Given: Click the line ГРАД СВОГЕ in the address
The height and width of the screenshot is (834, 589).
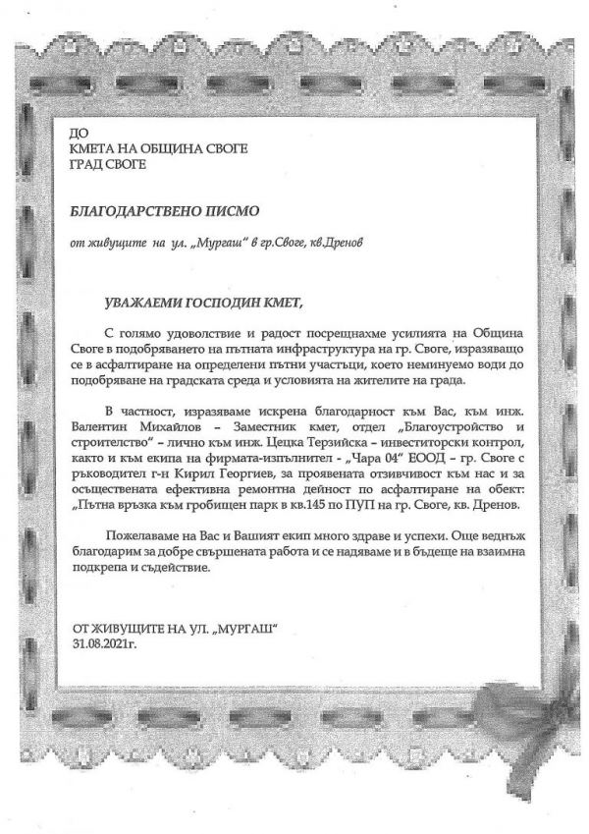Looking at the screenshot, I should pyautogui.click(x=108, y=164).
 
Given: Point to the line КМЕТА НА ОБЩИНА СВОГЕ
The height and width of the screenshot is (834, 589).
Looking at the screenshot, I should pyautogui.click(x=159, y=148).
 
